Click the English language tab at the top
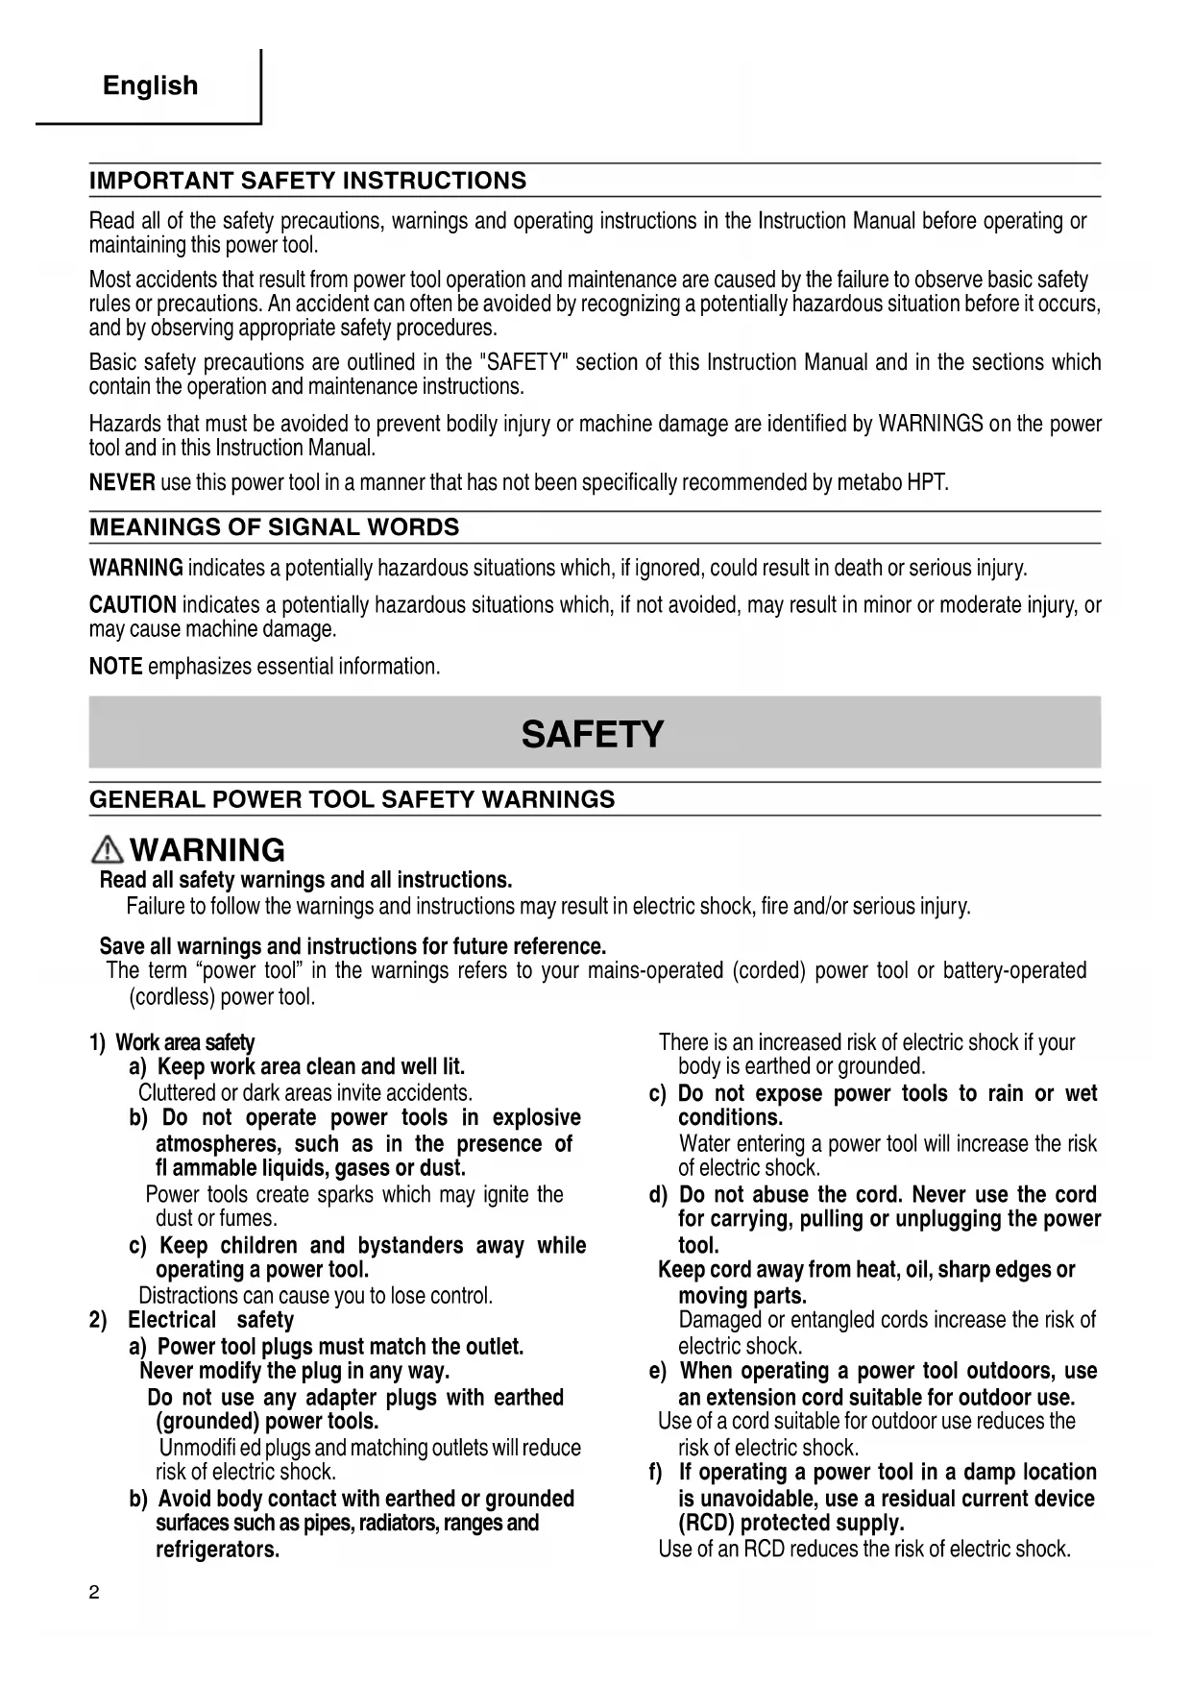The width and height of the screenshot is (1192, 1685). point(150,85)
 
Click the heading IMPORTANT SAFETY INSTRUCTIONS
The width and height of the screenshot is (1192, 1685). point(307,181)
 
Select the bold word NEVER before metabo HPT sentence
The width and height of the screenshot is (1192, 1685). point(122,482)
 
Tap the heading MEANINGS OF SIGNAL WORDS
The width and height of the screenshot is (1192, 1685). point(274,527)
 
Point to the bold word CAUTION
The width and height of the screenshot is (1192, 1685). point(133,605)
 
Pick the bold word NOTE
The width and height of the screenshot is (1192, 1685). point(115,667)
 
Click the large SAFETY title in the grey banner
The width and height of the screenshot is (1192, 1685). point(593,735)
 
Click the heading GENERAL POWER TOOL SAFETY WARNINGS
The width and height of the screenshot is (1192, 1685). point(352,799)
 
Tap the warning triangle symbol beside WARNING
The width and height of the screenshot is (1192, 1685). point(108,850)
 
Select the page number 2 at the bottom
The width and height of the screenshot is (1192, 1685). point(94,1593)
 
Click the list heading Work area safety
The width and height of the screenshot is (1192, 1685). point(184,1042)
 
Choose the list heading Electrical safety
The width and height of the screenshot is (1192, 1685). point(210,1320)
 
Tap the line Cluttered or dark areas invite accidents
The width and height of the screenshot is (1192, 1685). point(305,1093)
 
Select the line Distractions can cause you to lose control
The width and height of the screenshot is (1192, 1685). point(315,1296)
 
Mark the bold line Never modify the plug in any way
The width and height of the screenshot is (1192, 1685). point(295,1371)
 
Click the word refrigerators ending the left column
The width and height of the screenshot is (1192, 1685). point(217,1550)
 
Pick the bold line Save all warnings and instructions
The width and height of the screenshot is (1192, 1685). point(353,946)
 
